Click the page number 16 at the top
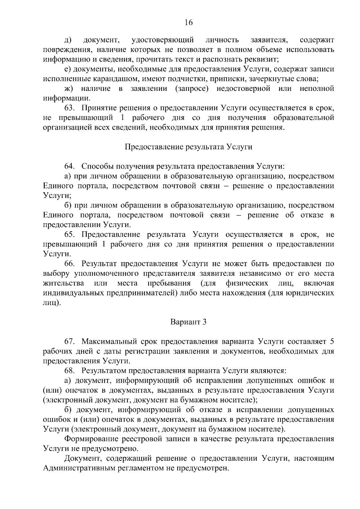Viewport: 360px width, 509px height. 188,23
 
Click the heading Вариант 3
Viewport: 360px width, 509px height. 188,322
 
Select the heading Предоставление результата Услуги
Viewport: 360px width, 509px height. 188,147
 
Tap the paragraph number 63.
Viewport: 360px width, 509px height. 70,108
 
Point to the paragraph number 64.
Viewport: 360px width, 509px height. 70,166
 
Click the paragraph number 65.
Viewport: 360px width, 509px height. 70,235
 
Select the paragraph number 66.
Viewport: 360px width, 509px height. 70,264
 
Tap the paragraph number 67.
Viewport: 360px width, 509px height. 70,342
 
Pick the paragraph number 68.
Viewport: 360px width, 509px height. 70,371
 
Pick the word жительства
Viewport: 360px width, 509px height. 63,283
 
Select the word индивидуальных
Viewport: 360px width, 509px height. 74,293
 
